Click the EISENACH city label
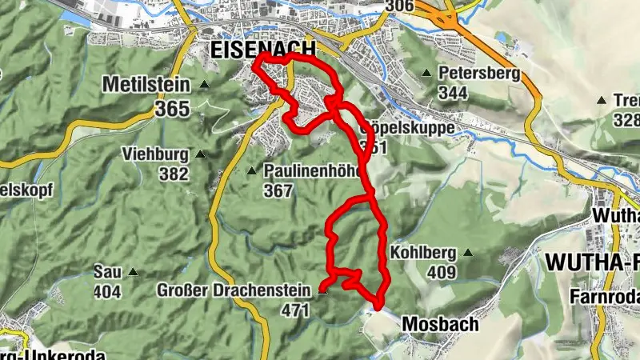click(x=263, y=49)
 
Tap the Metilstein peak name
click(x=145, y=83)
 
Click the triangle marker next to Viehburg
click(x=200, y=154)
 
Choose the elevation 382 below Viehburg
click(x=173, y=174)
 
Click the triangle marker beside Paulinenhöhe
click(x=251, y=170)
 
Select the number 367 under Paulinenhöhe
click(x=278, y=190)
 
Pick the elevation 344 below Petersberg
click(x=454, y=94)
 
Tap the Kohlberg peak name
click(x=423, y=253)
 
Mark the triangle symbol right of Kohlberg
click(x=468, y=254)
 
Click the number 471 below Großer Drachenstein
click(x=294, y=310)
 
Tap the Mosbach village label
click(x=439, y=324)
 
